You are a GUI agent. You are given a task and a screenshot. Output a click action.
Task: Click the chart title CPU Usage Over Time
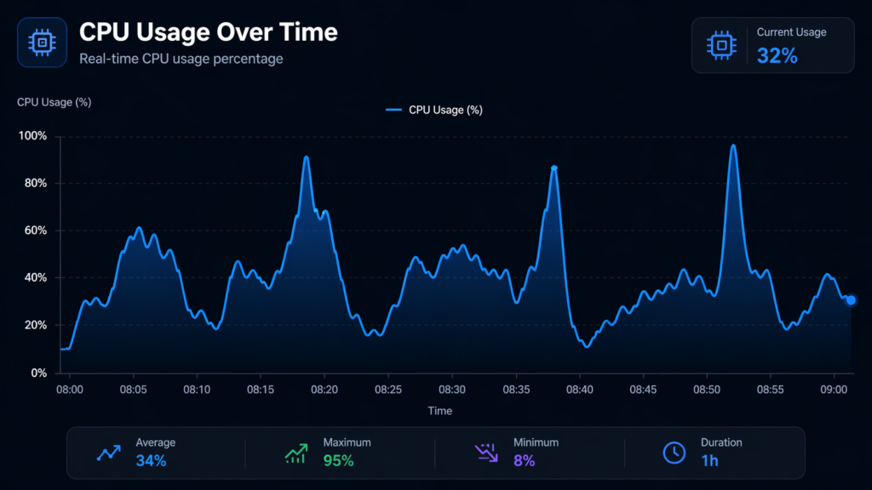(208, 32)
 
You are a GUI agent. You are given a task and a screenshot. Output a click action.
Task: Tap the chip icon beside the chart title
(42, 42)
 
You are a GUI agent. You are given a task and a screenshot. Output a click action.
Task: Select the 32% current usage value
(777, 56)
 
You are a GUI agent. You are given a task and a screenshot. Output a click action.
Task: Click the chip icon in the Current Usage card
(721, 45)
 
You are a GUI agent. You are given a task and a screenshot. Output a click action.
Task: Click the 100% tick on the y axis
(33, 136)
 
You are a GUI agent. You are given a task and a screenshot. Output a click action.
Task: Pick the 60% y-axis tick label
(36, 231)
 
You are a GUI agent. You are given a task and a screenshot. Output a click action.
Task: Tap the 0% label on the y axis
(39, 373)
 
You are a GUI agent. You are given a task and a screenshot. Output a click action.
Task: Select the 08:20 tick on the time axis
(324, 390)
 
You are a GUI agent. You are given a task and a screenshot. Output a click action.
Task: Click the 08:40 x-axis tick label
(579, 390)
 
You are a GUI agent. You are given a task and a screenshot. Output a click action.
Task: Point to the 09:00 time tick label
(834, 390)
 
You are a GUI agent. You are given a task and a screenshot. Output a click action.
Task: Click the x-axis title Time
(439, 411)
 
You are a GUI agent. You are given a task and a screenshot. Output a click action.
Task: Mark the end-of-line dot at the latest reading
(851, 299)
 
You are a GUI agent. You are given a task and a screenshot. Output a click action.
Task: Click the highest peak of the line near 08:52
(732, 145)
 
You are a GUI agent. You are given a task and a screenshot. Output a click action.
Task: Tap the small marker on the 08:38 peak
(554, 168)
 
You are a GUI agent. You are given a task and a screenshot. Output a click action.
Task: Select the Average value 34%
(151, 461)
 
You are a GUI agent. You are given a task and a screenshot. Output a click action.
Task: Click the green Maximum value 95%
(338, 461)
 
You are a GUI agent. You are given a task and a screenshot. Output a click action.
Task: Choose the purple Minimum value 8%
(524, 461)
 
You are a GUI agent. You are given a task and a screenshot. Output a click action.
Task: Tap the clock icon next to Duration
(674, 453)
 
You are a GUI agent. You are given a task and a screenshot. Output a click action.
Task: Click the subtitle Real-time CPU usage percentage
(181, 59)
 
